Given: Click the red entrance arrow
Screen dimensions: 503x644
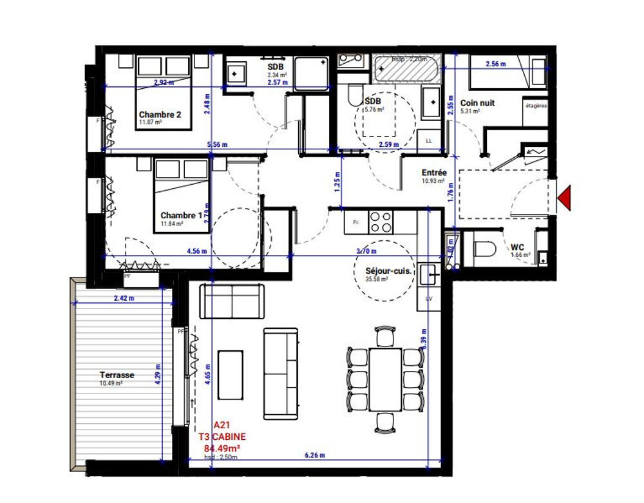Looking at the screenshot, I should point(565,197).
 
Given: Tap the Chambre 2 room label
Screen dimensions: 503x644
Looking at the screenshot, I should point(160,115).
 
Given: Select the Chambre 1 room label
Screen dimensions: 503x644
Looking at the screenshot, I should point(181,215).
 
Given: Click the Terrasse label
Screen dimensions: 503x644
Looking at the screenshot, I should point(117,374).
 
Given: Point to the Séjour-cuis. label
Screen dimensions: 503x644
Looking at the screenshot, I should point(385,272).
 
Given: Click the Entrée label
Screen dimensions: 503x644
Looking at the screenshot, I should point(433,173).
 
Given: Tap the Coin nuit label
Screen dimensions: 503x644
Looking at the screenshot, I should point(477,102).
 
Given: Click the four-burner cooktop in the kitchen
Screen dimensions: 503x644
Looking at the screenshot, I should point(381,222).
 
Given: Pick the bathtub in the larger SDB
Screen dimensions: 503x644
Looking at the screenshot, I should point(405,70).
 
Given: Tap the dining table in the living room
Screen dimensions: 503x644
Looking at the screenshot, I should point(385,379).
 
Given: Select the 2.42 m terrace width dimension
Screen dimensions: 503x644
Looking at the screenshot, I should point(124,298).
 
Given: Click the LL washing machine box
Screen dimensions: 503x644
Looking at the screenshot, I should point(428,139).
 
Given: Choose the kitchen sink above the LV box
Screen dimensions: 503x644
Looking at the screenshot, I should point(430,275).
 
